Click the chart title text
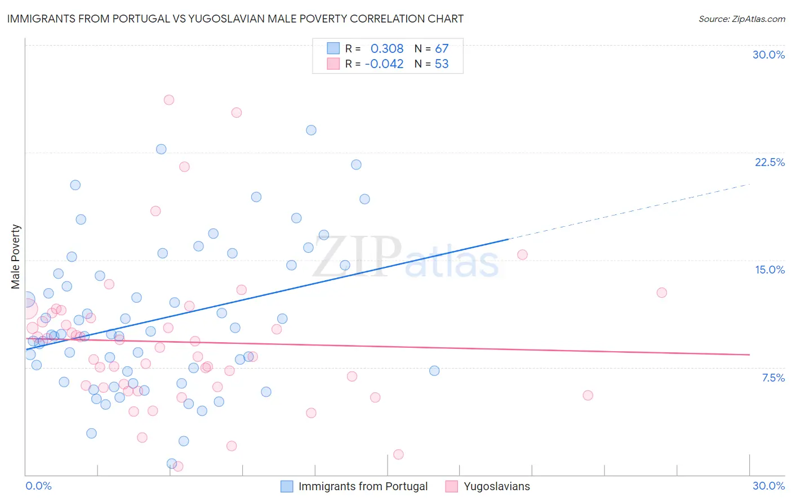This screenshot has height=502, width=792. pos(235,19)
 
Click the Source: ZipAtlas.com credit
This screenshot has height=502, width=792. pos(741,19)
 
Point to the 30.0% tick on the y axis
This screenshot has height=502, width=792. pos(768,55)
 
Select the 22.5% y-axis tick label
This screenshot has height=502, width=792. pos(769,162)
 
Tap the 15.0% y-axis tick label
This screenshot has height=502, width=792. pos(769,270)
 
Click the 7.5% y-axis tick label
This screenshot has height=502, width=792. pos(773,378)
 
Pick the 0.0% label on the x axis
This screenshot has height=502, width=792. pos(39,486)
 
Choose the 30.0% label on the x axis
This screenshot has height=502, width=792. pos(768,486)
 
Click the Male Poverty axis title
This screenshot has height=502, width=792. pos(16,257)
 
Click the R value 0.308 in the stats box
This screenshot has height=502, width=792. pos(386,49)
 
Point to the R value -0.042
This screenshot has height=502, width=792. pos(384,64)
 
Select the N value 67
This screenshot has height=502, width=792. pos(442,49)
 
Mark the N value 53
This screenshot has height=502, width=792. pos(442,64)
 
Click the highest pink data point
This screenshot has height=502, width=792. pos(169,100)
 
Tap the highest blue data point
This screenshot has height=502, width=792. pos(311,130)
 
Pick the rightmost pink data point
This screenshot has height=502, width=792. pos(662,293)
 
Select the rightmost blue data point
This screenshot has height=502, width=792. pos(434,371)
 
